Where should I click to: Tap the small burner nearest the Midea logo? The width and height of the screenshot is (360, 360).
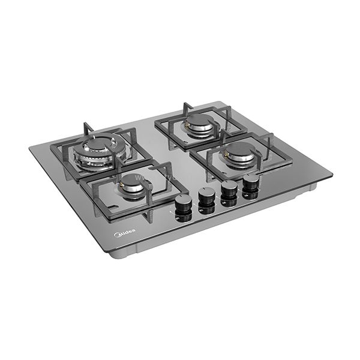click(x=133, y=187)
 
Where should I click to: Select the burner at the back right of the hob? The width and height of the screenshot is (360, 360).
click(x=197, y=125)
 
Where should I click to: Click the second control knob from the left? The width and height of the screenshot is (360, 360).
click(x=207, y=196)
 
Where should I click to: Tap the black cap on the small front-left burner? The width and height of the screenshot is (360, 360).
click(x=133, y=184)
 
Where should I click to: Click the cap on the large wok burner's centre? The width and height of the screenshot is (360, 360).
click(x=99, y=146)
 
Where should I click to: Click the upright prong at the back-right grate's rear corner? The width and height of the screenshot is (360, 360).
click(x=187, y=108)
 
